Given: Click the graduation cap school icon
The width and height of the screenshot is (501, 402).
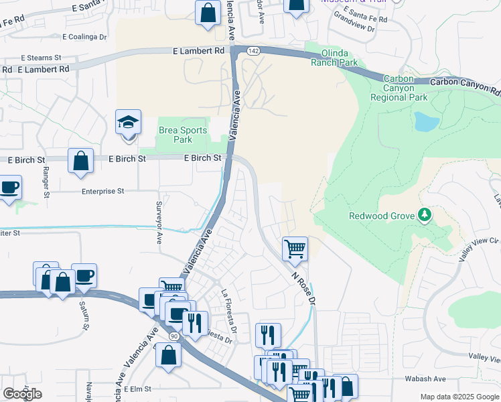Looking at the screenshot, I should [x=128, y=123].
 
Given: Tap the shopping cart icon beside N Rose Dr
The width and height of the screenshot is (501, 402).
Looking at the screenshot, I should [x=295, y=250].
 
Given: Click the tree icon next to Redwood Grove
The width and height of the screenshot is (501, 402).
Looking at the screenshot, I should [x=423, y=215].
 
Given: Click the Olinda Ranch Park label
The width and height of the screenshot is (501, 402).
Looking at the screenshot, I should [x=334, y=58].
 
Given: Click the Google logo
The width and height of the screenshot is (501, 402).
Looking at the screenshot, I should [x=22, y=393].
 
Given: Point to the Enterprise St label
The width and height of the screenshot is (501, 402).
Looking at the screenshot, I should [x=103, y=191].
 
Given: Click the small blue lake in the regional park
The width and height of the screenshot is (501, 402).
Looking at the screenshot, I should [x=427, y=121].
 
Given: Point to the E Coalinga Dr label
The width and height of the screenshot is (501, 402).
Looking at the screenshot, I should [x=84, y=37].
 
